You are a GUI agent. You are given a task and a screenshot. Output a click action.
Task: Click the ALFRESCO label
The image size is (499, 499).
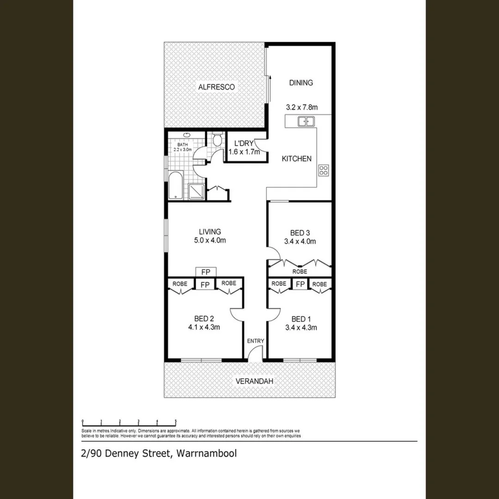217,87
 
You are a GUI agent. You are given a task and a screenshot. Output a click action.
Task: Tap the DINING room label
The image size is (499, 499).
301,83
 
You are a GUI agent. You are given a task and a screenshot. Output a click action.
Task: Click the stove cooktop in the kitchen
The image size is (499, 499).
323,170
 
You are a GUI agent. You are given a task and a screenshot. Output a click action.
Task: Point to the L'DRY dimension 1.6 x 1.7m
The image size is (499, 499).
244,151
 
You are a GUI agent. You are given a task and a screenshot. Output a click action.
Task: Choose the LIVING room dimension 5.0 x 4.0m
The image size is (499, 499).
210,240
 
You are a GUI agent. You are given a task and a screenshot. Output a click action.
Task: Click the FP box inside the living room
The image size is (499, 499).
205,272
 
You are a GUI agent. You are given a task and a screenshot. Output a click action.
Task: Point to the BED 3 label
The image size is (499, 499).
299,232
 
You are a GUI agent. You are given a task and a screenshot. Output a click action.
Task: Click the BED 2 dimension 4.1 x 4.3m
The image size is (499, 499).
203,328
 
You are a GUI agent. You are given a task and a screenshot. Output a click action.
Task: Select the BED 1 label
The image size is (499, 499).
299,319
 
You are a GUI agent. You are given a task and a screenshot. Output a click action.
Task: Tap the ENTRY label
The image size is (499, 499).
256,341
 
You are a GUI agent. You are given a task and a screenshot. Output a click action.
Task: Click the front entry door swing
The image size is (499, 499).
253,355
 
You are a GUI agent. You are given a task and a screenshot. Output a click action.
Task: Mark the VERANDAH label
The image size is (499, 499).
255,381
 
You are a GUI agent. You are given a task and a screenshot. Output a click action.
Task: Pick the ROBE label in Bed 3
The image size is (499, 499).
299,272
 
